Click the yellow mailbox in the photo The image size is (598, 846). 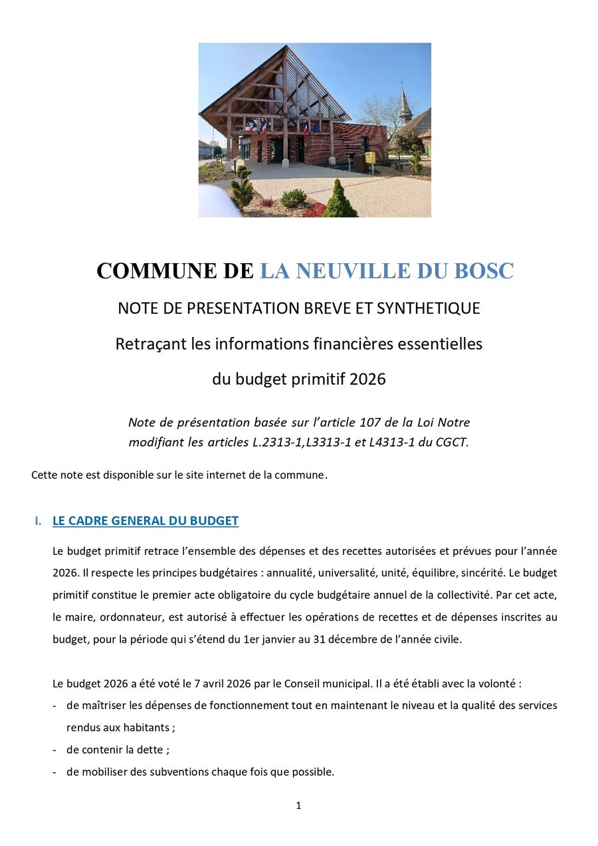369,158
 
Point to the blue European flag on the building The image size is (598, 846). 315,127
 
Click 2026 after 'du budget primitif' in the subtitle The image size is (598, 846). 367,379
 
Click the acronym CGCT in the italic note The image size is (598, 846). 450,443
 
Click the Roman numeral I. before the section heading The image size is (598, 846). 39,521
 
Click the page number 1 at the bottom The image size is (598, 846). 298,805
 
